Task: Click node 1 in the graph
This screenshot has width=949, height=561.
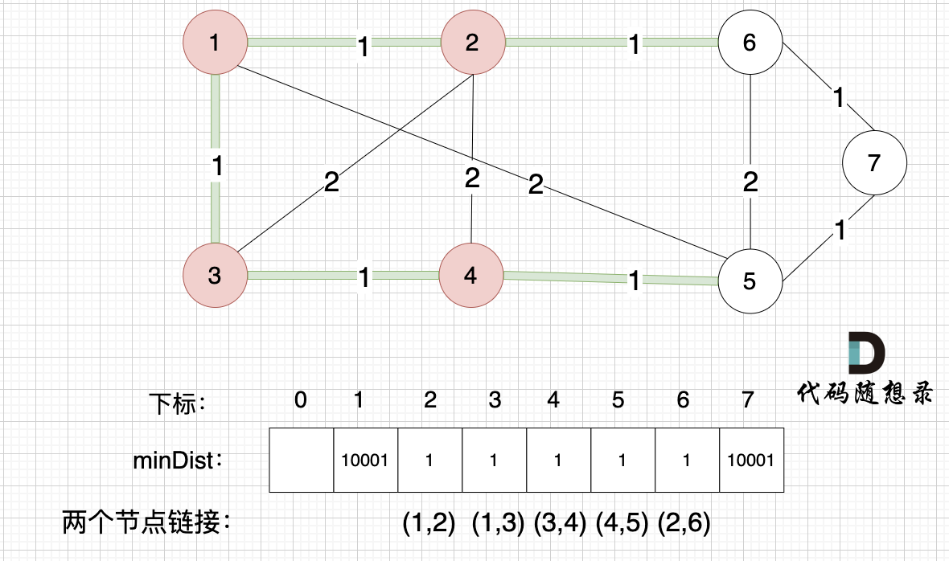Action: pos(214,43)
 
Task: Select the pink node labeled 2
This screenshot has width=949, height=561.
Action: pos(472,43)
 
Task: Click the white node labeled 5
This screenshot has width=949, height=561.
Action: pos(750,282)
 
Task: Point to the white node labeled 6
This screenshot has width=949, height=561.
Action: pos(750,43)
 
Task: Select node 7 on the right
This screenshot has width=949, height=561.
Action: pos(874,163)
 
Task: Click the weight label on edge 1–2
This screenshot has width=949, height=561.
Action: pos(363,47)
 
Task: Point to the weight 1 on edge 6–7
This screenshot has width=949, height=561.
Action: pos(839,99)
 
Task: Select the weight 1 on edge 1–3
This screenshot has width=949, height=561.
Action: pos(216,167)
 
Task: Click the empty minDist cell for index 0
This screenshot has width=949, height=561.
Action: pos(301,460)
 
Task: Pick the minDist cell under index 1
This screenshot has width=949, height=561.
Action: pos(366,460)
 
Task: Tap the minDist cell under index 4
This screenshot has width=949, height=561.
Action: pos(558,460)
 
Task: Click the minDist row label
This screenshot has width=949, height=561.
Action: pos(178,461)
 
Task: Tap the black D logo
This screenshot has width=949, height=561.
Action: pos(865,351)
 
